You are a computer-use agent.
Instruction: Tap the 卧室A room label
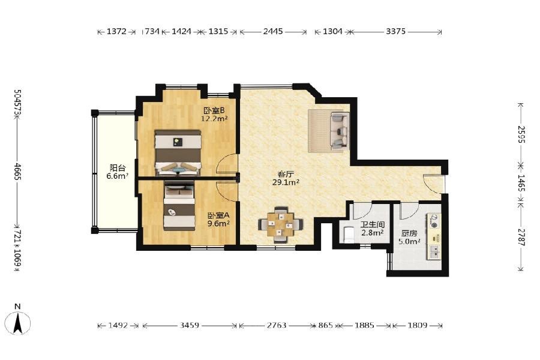click(218, 215)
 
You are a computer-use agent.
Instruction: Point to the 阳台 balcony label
click(118, 168)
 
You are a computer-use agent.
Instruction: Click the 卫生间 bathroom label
click(372, 224)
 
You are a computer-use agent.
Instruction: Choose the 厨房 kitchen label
click(409, 233)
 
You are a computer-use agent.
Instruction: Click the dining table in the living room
click(281, 225)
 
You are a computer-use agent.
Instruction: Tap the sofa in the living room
click(339, 131)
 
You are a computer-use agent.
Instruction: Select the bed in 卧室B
click(178, 153)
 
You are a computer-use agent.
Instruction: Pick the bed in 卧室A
click(179, 206)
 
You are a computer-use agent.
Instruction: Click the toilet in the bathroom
click(348, 234)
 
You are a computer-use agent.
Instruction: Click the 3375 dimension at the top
click(395, 31)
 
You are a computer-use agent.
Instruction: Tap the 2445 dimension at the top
click(273, 31)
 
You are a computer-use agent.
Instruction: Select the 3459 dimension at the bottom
click(189, 325)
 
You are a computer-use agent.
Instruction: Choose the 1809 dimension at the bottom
click(418, 325)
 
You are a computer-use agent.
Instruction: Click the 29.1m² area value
click(286, 182)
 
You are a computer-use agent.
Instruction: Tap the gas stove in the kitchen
click(434, 221)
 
